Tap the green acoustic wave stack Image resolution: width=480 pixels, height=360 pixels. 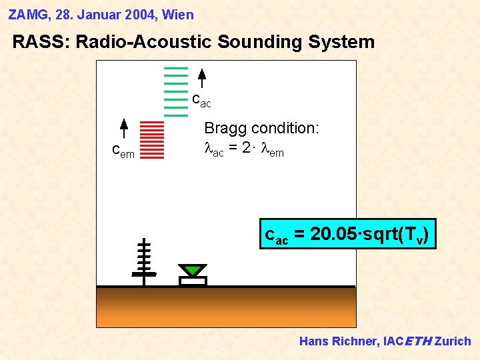(x=176, y=91)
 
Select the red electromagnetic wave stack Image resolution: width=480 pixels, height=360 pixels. (x=153, y=139)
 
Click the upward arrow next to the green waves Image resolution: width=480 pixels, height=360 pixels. (x=202, y=78)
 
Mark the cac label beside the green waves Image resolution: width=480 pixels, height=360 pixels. (x=201, y=101)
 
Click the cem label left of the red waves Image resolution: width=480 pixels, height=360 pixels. (x=123, y=153)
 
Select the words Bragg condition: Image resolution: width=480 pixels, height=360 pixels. (x=261, y=128)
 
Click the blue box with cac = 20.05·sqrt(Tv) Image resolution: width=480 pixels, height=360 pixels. (x=347, y=234)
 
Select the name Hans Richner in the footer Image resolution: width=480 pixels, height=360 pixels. (x=339, y=341)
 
